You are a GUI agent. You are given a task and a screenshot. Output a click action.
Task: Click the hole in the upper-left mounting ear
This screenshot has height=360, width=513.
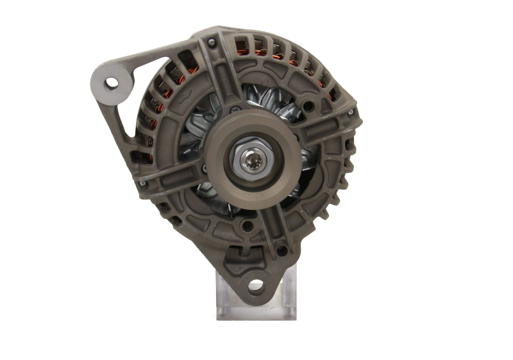coord(113,81)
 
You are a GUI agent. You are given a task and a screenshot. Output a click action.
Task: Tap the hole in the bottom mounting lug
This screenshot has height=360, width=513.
coord(256,284)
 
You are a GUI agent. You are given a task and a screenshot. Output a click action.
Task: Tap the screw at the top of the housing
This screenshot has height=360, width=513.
coord(210,42)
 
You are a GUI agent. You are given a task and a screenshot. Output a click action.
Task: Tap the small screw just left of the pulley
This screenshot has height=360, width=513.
coord(204,168)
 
